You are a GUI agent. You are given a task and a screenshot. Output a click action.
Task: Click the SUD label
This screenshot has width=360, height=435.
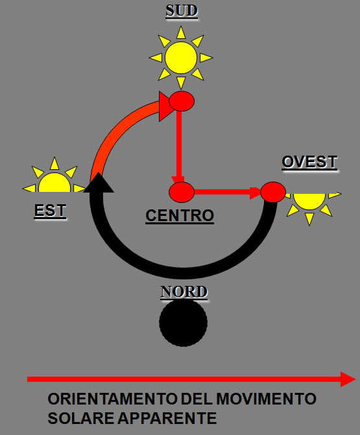(182, 11)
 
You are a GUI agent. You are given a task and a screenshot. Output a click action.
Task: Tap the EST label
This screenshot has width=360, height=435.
(50, 211)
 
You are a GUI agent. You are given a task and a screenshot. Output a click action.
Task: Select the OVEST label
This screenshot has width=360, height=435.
(309, 161)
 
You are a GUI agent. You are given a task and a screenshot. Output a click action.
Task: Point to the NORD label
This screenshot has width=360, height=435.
(184, 292)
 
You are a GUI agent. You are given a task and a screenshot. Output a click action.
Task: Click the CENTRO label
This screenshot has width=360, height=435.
(180, 216)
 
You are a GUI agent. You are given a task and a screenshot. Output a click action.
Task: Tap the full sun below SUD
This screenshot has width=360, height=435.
(181, 58)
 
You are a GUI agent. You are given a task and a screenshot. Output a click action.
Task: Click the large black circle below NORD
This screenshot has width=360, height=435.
(183, 323)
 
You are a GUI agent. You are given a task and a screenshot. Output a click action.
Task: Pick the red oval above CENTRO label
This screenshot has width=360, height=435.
(182, 192)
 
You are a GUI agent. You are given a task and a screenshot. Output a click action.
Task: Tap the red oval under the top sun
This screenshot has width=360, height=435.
(182, 101)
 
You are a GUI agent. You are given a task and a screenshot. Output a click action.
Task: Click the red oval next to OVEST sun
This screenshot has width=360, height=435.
(273, 192)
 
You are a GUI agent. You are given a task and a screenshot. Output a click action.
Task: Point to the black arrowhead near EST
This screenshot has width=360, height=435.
(99, 183)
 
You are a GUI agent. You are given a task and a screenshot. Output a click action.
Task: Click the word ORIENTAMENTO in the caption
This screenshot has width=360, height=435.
(113, 399)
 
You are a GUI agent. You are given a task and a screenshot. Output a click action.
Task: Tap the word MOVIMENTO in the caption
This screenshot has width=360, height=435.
(266, 399)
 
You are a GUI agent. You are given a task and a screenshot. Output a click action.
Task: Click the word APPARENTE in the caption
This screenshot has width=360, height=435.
(167, 418)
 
